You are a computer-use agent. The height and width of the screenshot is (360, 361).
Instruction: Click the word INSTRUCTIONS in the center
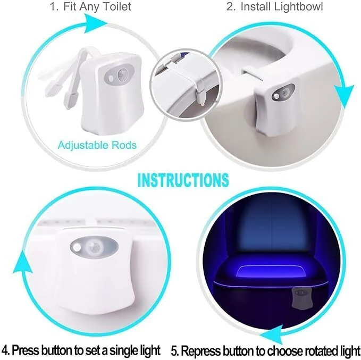point(183,180)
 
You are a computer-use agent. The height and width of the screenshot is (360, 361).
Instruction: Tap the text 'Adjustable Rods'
point(97,145)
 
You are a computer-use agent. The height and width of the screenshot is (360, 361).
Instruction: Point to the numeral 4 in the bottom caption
point(5,350)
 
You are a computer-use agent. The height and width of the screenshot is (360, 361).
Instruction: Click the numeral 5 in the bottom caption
point(175,351)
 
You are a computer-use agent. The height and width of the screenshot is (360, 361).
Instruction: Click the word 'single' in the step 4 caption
point(122,351)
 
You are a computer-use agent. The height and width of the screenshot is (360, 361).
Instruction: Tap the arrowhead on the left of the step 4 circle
point(22,263)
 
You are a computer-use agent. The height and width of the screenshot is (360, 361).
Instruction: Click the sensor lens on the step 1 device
point(122,74)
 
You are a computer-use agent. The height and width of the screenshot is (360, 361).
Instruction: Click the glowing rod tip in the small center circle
point(202,104)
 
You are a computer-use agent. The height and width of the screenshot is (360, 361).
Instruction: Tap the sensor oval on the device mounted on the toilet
point(283,93)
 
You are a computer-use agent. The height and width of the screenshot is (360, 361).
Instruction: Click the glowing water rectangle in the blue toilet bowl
point(272,272)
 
